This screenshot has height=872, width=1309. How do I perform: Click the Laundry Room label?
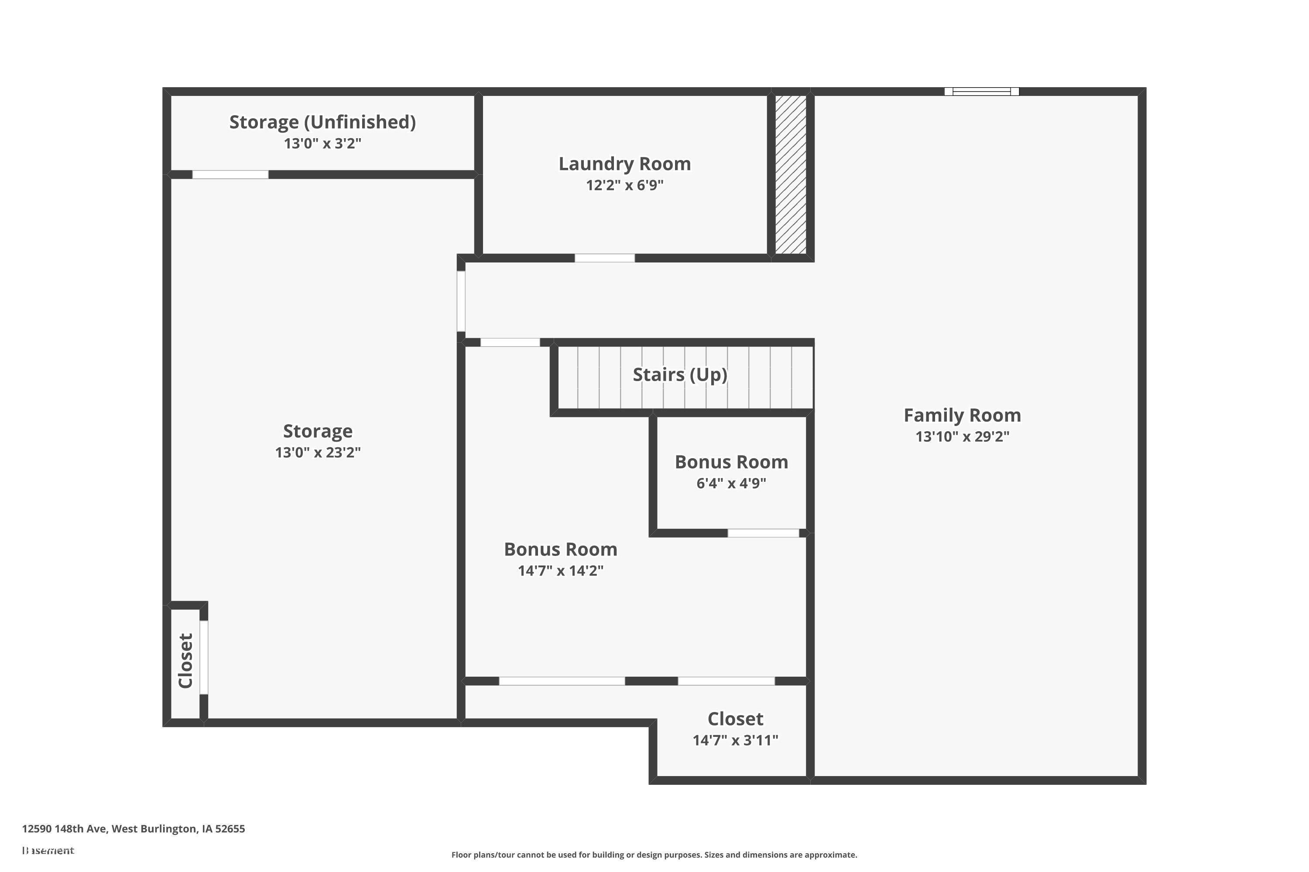(x=624, y=164)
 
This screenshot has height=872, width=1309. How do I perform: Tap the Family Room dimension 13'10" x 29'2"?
(x=962, y=436)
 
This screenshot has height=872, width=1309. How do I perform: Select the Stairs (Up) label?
(x=679, y=375)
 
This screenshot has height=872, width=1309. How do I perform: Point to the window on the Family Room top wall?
(x=981, y=92)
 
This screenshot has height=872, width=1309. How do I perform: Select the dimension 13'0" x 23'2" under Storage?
(x=318, y=453)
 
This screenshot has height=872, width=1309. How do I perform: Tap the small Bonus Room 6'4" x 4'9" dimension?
(x=731, y=483)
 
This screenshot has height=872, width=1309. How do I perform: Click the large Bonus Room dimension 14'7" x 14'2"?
(x=560, y=571)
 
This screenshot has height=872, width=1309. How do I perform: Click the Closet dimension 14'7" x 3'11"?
(x=735, y=740)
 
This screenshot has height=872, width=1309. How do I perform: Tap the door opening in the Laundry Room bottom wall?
(x=604, y=258)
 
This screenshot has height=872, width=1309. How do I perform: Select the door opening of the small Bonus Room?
(x=763, y=533)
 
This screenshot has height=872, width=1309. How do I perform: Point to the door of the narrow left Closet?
(x=204, y=657)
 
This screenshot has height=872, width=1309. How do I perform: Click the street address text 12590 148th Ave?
(x=134, y=829)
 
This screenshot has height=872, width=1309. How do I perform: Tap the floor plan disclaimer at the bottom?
(x=654, y=855)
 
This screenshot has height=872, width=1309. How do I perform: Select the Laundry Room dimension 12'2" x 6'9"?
(x=624, y=185)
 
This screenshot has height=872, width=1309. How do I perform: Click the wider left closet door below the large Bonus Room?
(x=562, y=681)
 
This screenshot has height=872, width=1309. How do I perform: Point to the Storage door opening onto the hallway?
(x=461, y=301)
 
